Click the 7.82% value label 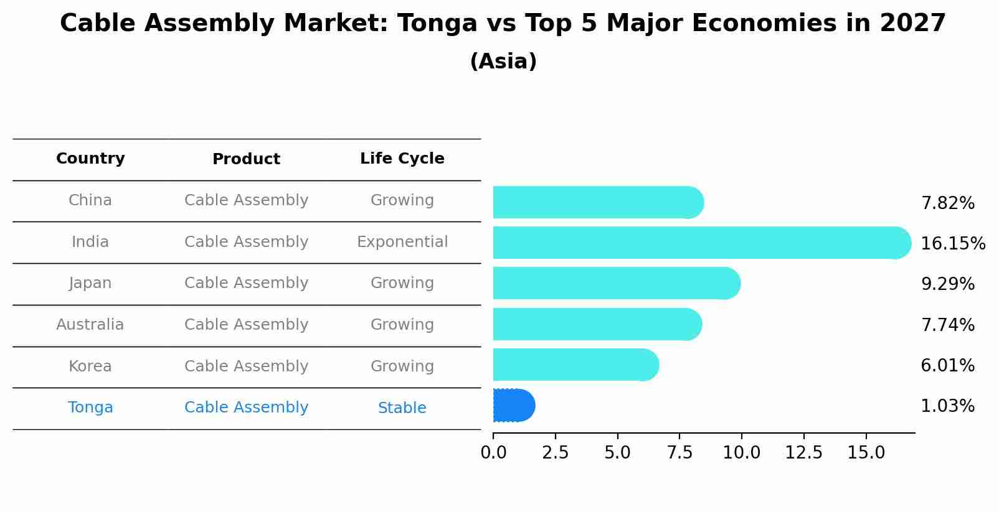947,203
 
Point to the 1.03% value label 947,406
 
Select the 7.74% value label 947,325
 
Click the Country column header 90,159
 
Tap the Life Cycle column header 402,159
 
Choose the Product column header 246,159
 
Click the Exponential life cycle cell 402,242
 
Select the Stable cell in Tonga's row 402,408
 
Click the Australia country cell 90,325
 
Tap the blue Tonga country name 90,407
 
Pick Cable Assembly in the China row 246,200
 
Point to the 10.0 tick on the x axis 741,453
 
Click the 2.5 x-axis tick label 555,453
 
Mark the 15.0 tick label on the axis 866,453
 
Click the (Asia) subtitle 503,62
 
